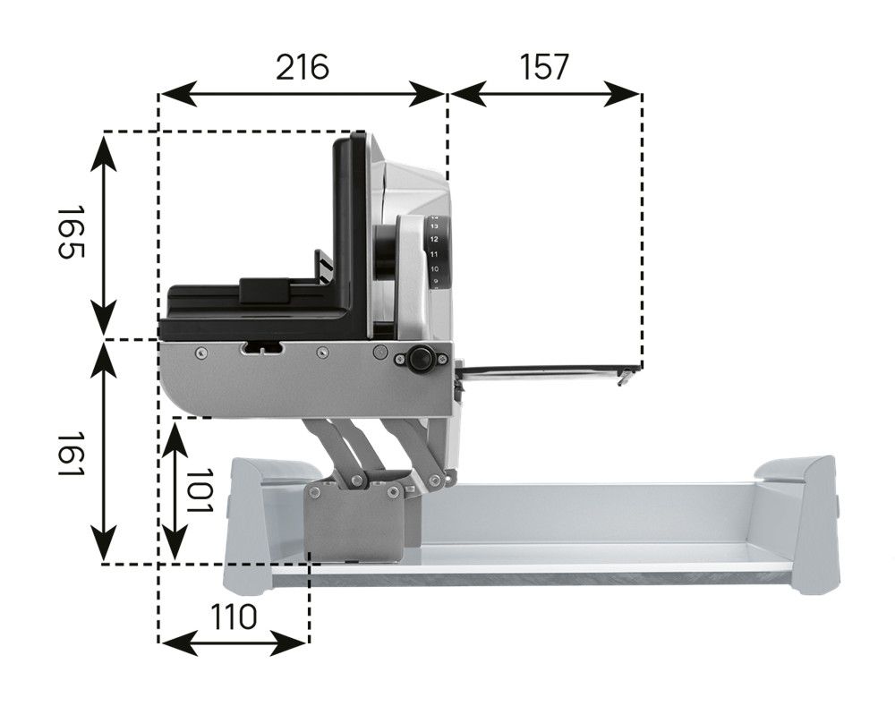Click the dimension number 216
(x=303, y=67)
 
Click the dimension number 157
(x=544, y=67)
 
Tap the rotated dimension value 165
(x=72, y=233)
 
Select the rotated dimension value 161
(x=72, y=455)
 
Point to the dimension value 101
(x=200, y=491)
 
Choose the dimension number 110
(x=234, y=617)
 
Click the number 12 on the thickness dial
(x=434, y=239)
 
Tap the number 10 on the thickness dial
(x=434, y=268)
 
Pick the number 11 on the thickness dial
(x=434, y=254)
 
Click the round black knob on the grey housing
(x=421, y=359)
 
